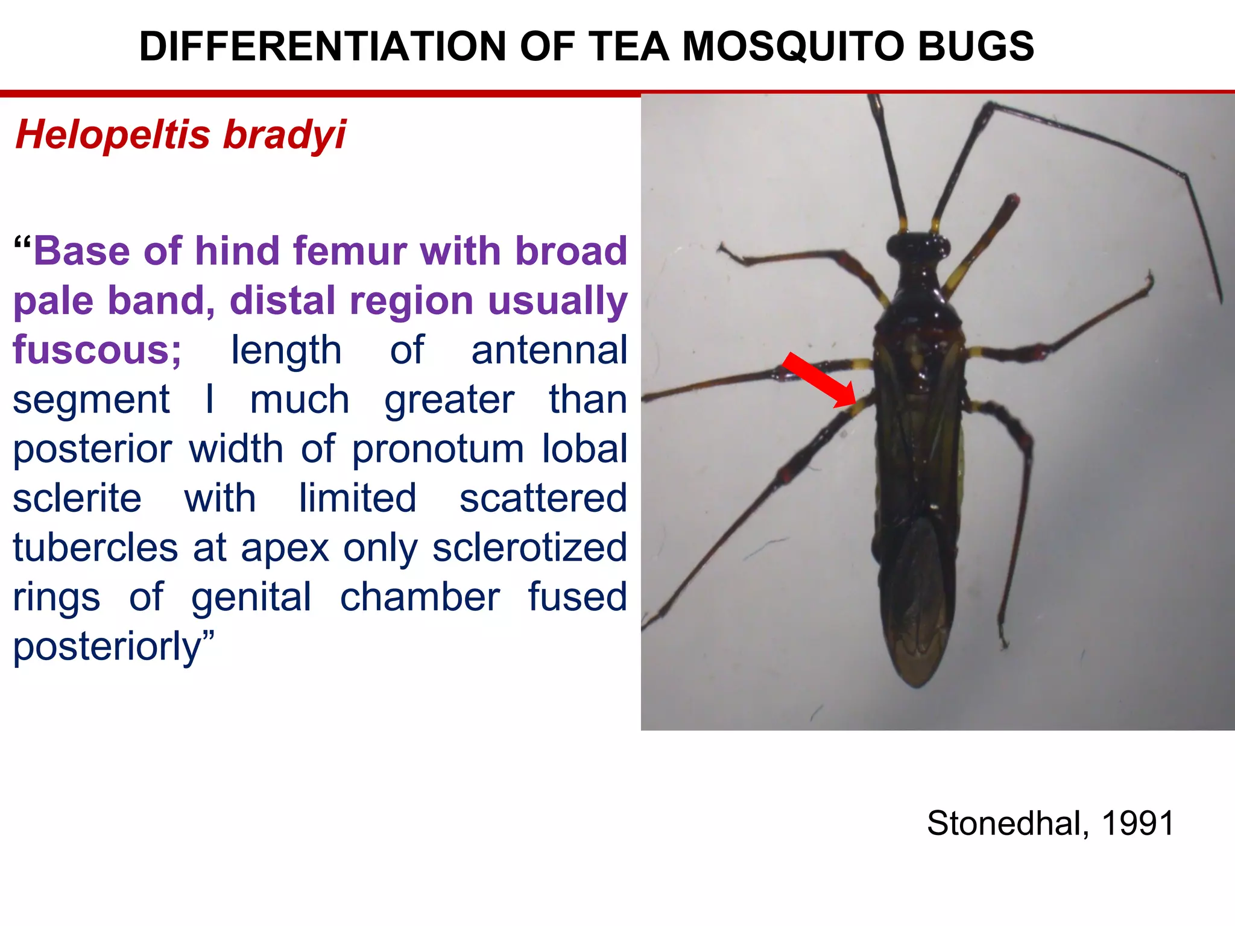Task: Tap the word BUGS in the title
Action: click(x=976, y=46)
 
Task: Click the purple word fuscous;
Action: click(x=97, y=350)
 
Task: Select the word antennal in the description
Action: click(x=549, y=350)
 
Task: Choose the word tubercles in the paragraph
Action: click(x=95, y=548)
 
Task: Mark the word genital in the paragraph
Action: click(x=251, y=597)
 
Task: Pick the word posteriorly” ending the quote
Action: click(x=113, y=647)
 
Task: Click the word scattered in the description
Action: click(x=543, y=499)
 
